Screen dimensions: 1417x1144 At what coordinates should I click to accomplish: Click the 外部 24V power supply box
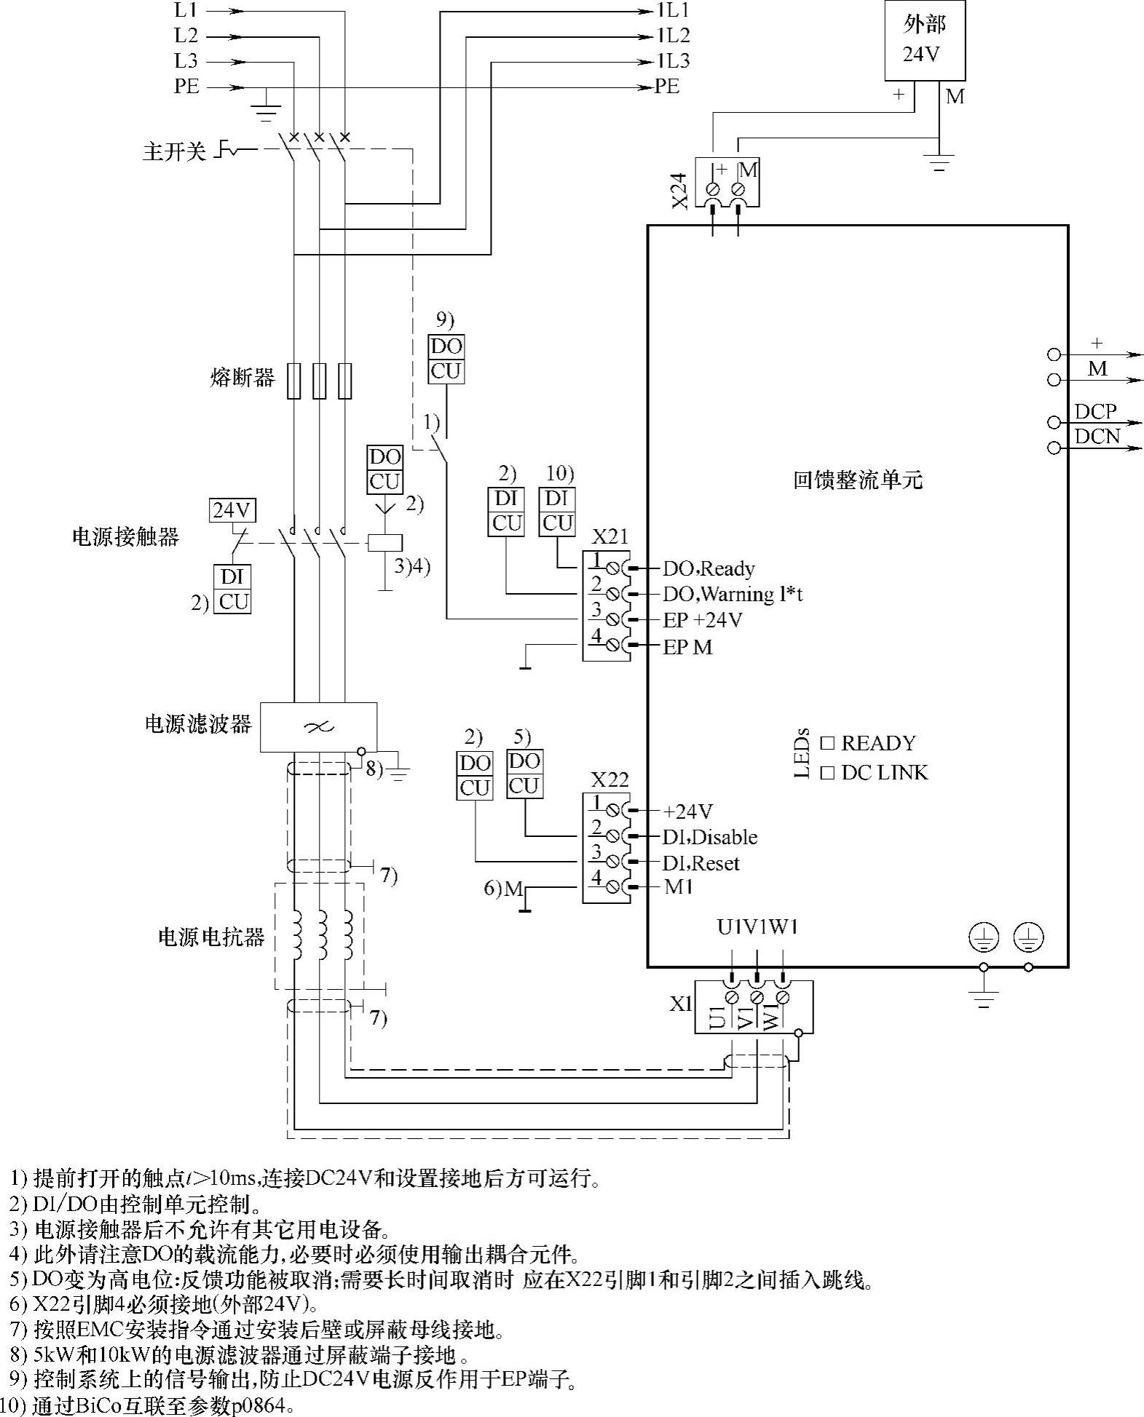(x=924, y=40)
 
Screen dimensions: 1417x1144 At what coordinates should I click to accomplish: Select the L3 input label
(x=186, y=61)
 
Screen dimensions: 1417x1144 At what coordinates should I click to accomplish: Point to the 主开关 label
(x=175, y=152)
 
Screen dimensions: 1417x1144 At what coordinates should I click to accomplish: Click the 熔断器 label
(x=242, y=378)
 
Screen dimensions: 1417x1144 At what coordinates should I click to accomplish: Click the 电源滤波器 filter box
(x=318, y=726)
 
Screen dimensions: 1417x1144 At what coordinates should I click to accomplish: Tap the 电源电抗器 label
(x=211, y=937)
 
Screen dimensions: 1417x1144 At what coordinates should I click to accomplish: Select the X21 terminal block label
(x=610, y=537)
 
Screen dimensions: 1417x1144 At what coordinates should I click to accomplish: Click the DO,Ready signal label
(x=708, y=568)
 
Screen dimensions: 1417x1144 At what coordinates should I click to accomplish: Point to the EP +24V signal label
(x=702, y=620)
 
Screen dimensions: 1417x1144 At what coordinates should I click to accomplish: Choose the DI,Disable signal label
(x=710, y=837)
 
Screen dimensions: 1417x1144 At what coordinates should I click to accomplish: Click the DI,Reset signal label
(x=701, y=863)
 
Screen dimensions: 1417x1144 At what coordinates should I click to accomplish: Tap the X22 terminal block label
(x=610, y=779)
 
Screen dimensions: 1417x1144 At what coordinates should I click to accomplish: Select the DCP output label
(x=1095, y=411)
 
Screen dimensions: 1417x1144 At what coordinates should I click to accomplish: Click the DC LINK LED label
(x=884, y=772)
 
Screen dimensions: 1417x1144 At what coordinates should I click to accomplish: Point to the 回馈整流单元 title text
(x=857, y=480)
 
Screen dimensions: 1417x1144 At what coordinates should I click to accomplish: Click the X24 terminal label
(x=679, y=191)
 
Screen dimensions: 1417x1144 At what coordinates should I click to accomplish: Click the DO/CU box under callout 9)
(x=446, y=359)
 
